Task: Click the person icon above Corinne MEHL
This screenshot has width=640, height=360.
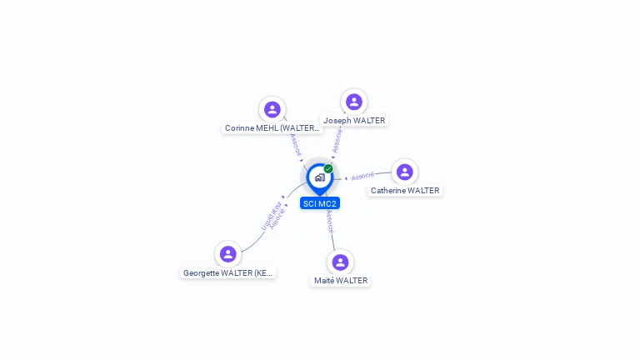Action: click(272, 109)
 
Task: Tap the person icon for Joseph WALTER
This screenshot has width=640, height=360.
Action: click(354, 102)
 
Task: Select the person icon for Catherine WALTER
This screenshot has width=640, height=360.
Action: click(404, 172)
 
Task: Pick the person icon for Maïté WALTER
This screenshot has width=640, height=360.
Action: click(340, 262)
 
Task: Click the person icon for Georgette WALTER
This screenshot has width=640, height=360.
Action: click(227, 253)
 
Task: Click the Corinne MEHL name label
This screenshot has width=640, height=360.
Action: click(272, 128)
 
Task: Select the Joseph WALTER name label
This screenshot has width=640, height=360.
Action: click(354, 121)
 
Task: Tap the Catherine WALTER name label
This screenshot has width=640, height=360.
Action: click(405, 191)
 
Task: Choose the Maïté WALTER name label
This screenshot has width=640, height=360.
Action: click(341, 281)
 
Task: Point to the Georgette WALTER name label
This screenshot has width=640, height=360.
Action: click(227, 272)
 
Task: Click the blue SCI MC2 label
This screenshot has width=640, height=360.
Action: click(320, 203)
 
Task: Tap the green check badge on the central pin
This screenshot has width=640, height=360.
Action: click(328, 168)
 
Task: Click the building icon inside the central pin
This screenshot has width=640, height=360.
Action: click(319, 177)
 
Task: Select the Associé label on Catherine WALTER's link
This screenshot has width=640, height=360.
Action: click(362, 177)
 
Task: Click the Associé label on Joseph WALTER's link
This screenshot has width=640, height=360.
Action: click(337, 139)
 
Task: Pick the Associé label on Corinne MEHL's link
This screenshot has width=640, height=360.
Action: click(295, 145)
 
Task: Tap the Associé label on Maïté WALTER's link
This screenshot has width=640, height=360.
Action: click(330, 222)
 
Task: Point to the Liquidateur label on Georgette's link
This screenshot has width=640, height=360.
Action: click(268, 215)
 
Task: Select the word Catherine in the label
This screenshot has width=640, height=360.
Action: click(388, 191)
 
